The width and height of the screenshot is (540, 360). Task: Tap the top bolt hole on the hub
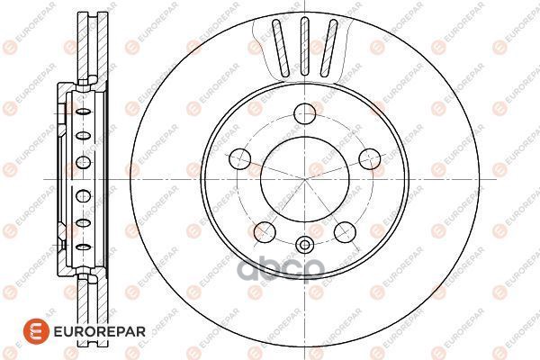305,113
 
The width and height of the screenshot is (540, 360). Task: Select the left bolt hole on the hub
240,158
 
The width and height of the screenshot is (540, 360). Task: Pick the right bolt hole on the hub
370,158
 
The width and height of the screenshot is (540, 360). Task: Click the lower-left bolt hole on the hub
265,232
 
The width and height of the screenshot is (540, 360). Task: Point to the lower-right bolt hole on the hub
345,232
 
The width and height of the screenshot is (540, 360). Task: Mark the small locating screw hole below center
305,246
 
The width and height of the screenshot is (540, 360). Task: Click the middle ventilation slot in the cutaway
305,46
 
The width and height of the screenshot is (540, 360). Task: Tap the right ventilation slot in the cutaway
328,48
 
